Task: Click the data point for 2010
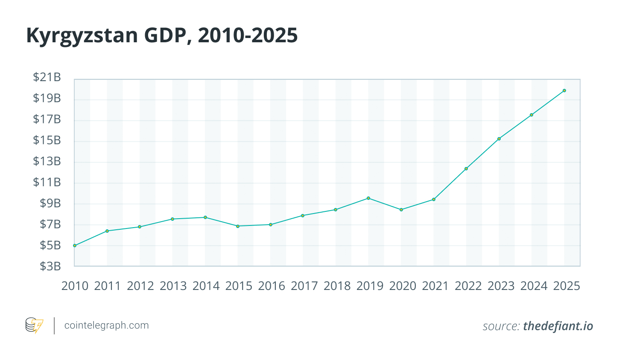coord(75,246)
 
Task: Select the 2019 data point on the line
coord(368,198)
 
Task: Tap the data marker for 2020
coord(401,210)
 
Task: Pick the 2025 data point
coord(564,91)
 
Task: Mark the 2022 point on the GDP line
coord(466,169)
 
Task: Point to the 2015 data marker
coord(238,226)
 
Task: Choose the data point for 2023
coord(499,139)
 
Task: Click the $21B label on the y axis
coord(47,77)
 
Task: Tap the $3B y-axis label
coord(50,266)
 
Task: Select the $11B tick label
coord(47,182)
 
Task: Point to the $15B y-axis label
coord(47,140)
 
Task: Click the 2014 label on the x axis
coord(206,286)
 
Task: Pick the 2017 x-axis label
coord(304,286)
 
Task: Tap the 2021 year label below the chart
coord(435,286)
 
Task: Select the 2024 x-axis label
coord(534,286)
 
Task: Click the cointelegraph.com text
coord(106,325)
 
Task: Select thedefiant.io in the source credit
coord(558,326)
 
